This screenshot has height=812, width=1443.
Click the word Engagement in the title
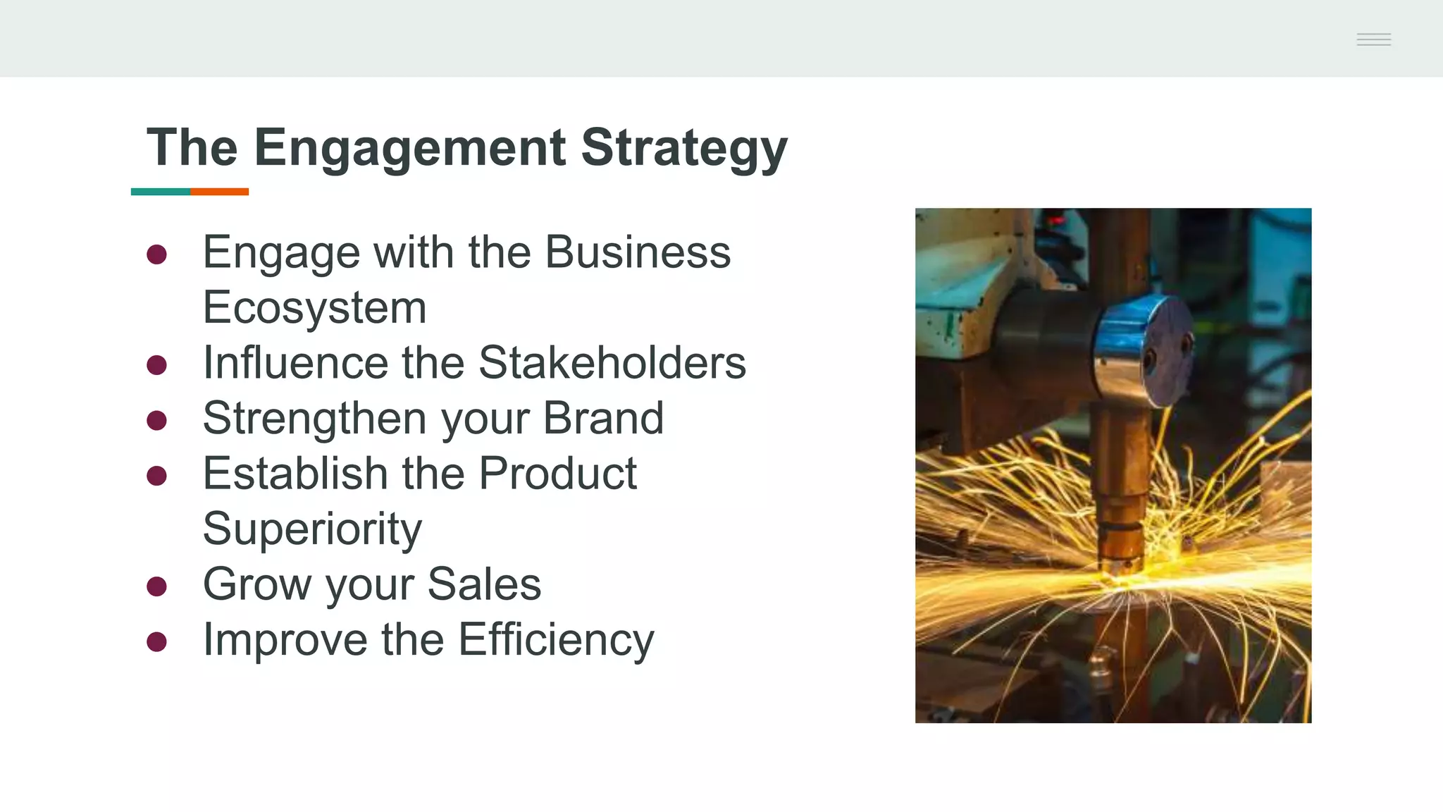409,148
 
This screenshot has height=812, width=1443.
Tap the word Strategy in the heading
683,148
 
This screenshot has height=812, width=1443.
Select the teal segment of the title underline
161,192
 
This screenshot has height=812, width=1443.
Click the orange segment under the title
219,192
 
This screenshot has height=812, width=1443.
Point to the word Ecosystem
314,308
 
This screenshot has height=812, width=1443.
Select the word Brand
603,418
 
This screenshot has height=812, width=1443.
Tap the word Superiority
312,529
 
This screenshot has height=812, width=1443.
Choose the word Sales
484,584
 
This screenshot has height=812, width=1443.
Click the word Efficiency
556,640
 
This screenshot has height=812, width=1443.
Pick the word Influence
295,363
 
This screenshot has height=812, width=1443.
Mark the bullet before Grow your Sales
156,586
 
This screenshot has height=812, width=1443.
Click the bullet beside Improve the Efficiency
156,641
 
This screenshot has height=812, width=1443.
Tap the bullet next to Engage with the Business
156,254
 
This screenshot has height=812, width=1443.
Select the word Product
557,473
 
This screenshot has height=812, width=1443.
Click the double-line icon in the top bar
1373,39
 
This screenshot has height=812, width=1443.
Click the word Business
638,252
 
